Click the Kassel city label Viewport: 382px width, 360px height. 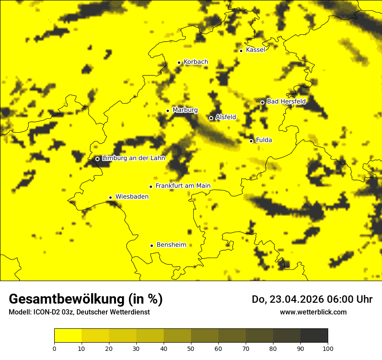[x=255, y=50]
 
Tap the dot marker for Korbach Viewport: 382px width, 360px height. [x=179, y=62]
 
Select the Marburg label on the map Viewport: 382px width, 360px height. [x=185, y=110]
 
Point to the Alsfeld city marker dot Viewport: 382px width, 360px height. [x=211, y=118]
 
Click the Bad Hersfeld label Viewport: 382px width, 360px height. [x=286, y=101]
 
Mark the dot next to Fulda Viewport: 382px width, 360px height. [x=251, y=141]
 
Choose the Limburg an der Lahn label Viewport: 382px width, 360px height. [x=133, y=158]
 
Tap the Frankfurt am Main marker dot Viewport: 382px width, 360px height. [x=151, y=187]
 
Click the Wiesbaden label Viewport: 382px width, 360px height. [x=132, y=196]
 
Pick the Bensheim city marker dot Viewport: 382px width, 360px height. [x=151, y=245]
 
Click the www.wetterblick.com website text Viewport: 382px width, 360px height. [x=313, y=312]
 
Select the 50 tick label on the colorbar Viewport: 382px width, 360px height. [x=191, y=348]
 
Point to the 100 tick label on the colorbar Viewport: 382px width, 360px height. [x=328, y=348]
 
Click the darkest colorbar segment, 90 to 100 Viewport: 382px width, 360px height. [x=314, y=336]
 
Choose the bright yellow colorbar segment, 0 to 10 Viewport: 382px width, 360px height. [x=68, y=336]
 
